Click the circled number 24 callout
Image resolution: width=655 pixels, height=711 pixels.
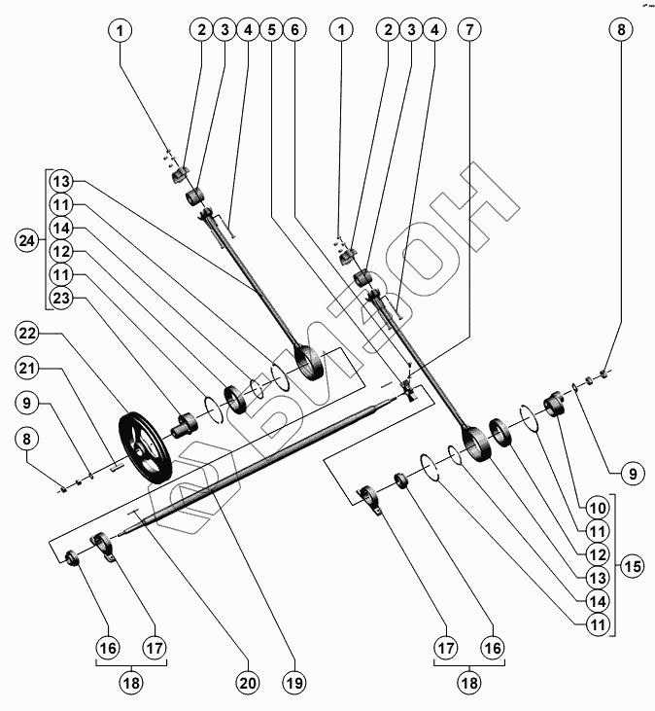pos(29,240)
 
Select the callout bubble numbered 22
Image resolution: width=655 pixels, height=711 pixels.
pos(29,335)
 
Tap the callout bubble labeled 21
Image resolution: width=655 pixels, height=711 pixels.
pos(29,368)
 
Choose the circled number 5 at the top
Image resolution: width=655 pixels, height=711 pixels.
pos(271,29)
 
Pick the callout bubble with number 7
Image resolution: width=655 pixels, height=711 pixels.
pos(470,29)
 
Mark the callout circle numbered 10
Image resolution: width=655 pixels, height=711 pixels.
pos(599,508)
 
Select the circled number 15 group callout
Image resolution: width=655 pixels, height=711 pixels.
pos(633,566)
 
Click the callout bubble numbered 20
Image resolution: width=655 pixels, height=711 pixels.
pos(248,684)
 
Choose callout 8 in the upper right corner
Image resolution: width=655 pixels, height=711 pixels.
pos(618,29)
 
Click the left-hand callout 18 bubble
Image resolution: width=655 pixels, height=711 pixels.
pos(131,684)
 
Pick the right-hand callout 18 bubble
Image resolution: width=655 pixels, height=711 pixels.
pos(468,684)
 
